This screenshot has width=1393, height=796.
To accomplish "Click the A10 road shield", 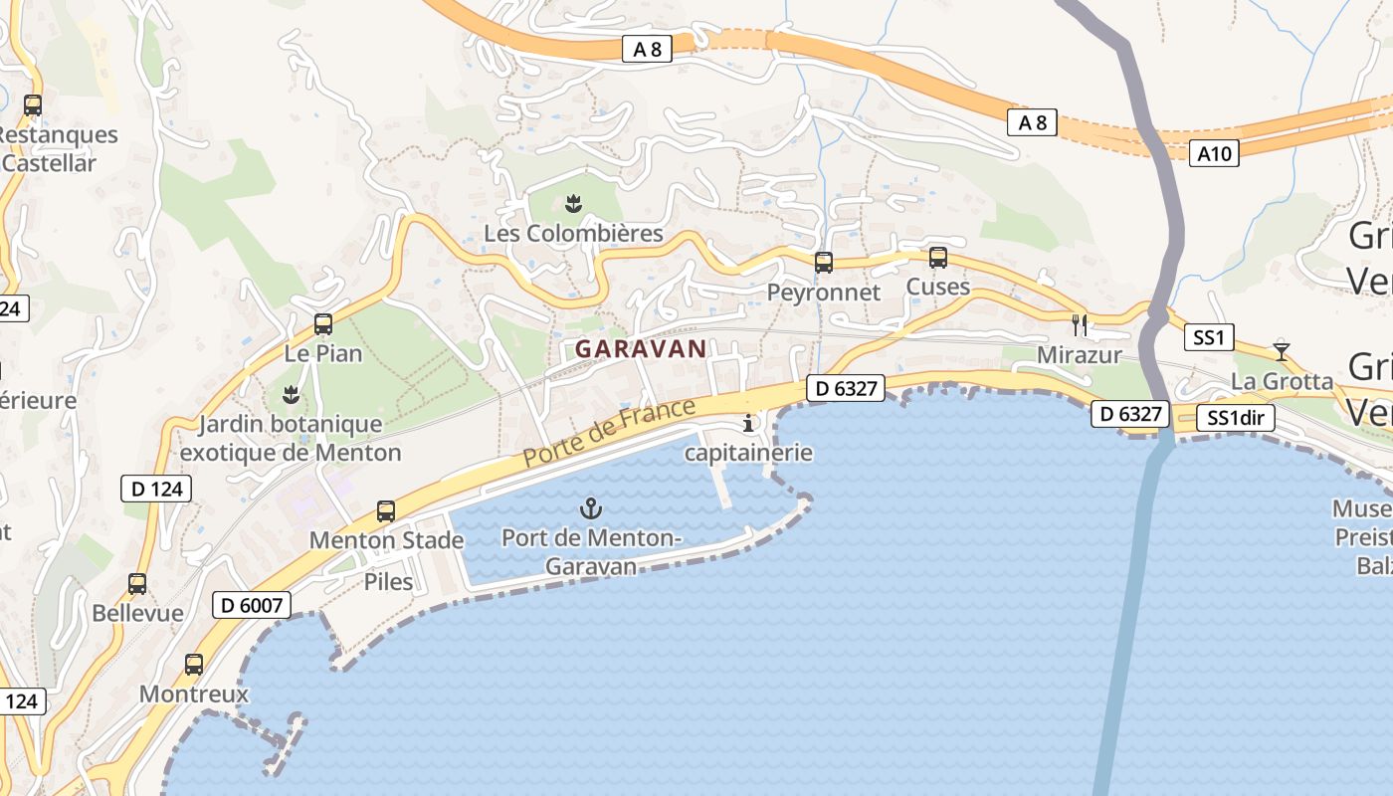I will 1214,153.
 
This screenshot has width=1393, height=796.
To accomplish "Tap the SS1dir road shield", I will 1235,418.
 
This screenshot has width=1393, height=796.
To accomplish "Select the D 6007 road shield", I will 252,604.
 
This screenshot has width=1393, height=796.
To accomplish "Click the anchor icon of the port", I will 591,509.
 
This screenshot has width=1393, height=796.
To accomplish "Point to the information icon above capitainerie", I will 748,424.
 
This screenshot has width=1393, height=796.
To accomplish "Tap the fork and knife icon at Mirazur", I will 1080,324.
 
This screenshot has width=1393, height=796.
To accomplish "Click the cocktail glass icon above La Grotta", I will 1281,351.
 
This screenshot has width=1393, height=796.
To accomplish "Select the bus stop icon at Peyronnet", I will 824,263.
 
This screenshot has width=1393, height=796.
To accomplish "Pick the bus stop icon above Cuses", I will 937,258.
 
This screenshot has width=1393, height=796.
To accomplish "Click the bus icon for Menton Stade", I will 386,511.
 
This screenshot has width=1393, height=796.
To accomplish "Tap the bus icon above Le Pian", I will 323,324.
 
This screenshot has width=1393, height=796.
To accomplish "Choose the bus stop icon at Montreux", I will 194,664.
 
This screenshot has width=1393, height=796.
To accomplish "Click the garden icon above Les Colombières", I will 573,204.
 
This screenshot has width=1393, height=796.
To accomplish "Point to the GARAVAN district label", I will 641,349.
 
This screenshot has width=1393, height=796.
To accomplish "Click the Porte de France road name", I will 609,433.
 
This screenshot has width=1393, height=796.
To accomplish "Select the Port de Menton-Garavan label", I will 591,552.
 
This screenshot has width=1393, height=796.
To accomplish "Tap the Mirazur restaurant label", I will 1079,355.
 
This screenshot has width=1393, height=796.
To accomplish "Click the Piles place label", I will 388,581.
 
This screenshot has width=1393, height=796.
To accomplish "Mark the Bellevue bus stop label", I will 137,613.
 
